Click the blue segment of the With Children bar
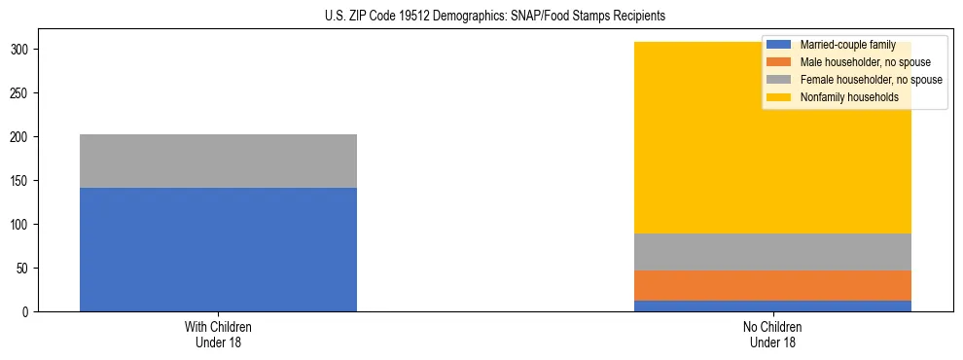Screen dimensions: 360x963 coord(218,249)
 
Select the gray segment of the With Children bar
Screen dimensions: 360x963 coord(218,161)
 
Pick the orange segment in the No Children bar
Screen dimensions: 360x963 coord(772,285)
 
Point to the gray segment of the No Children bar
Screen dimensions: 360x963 coord(772,252)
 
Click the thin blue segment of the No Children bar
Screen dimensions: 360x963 coord(772,306)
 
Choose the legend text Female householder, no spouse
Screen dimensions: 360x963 coord(871,80)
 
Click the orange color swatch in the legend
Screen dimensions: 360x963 coord(779,62)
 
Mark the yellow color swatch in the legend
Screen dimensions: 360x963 coord(779,97)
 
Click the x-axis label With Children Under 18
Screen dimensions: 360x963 coord(218,334)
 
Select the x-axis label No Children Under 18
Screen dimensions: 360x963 coord(772,334)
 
